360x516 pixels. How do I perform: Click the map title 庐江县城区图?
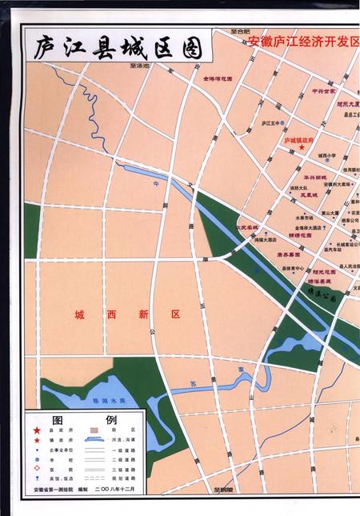click(x=117, y=48)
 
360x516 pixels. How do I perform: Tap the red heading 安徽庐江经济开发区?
click(x=303, y=40)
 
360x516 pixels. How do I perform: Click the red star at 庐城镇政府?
click(x=302, y=147)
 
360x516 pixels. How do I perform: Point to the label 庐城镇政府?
click(x=300, y=139)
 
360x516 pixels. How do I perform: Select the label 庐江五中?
click(x=273, y=124)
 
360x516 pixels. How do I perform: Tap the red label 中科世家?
click(x=324, y=91)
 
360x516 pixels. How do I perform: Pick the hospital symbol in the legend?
click(x=33, y=461)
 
